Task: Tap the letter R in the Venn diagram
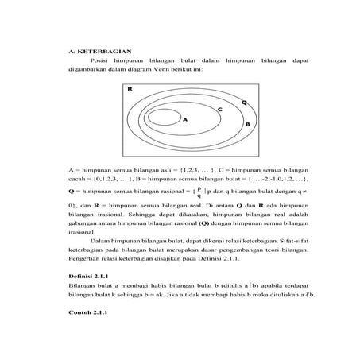[129, 90]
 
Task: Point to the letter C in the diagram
[219, 109]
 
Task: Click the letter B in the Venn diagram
[247, 125]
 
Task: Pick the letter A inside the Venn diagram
[184, 120]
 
